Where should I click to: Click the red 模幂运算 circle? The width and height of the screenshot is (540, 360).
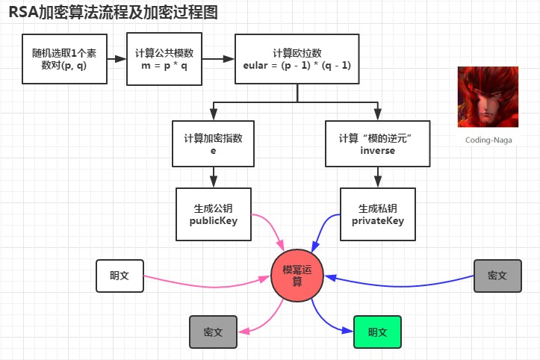tap(297, 276)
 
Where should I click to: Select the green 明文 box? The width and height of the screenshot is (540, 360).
tap(377, 332)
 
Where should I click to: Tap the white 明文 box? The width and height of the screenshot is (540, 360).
tap(120, 276)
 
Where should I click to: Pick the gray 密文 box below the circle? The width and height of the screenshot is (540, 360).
tap(213, 332)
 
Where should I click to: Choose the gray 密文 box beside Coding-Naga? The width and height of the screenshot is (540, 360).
tap(497, 276)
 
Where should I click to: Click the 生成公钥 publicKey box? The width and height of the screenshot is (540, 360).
tap(214, 214)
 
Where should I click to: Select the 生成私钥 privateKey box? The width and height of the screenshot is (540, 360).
tap(378, 214)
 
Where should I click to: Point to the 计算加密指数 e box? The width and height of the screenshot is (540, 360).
tap(213, 143)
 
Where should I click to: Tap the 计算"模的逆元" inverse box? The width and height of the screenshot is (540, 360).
tap(378, 143)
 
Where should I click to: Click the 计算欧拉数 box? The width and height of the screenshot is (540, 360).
tap(297, 59)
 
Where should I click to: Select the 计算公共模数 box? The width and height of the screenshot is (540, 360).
tap(164, 59)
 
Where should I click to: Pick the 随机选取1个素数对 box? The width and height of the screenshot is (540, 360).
tap(64, 59)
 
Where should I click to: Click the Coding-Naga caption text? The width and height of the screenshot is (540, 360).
tap(488, 140)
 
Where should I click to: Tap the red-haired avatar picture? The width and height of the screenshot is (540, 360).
tap(488, 97)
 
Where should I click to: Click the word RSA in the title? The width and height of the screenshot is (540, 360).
tap(23, 13)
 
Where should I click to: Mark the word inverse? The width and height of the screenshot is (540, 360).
tap(378, 151)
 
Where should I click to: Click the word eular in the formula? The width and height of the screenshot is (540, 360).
tap(255, 66)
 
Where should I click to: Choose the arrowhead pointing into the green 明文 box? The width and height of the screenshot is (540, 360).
tap(348, 330)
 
